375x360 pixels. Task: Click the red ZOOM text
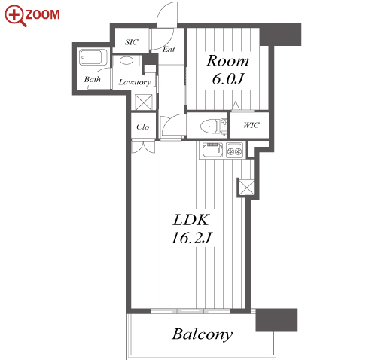click(x=43, y=14)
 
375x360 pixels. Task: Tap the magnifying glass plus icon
click(x=15, y=16)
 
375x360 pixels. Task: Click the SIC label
click(x=132, y=42)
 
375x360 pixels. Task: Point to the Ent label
click(x=169, y=50)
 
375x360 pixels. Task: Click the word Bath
click(x=93, y=79)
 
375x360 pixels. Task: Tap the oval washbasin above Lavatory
click(x=127, y=61)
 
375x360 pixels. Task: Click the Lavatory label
click(x=135, y=82)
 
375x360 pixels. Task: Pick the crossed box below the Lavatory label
click(x=144, y=102)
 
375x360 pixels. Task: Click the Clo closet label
click(x=143, y=127)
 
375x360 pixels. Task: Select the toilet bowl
click(x=210, y=125)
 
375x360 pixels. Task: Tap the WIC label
click(x=252, y=125)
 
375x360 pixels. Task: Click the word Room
click(x=227, y=61)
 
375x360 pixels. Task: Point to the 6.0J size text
click(x=228, y=79)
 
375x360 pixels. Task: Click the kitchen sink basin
click(x=212, y=150)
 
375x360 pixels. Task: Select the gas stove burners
click(x=235, y=150)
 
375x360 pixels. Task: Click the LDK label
click(x=191, y=220)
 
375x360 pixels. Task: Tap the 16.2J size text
click(x=191, y=238)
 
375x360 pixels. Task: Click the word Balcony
click(x=203, y=334)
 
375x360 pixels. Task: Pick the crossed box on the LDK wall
click(x=246, y=187)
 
